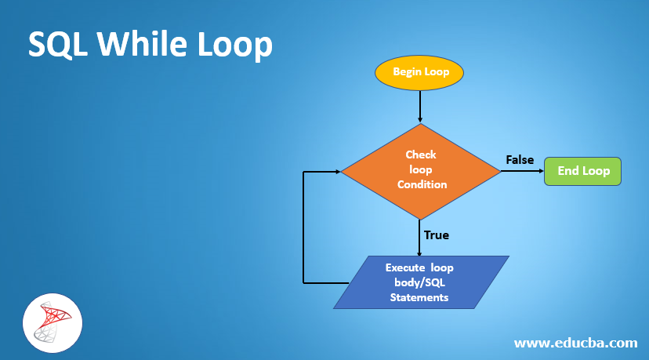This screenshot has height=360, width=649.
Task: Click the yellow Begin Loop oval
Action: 420,73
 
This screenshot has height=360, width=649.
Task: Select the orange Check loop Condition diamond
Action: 421,170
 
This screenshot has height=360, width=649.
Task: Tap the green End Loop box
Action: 582,171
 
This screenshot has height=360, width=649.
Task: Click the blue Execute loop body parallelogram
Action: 421,282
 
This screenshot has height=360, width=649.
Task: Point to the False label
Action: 520,160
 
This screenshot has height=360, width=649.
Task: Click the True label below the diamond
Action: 436,235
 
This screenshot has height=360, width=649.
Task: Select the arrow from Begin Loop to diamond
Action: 421,106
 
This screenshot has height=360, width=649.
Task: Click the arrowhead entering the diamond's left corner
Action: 336,171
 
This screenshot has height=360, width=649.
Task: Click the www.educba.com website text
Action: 575,343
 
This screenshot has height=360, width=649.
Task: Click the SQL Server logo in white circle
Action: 52,323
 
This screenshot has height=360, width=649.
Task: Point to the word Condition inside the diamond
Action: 422,184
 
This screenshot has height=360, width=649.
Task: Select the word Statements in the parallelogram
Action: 419,297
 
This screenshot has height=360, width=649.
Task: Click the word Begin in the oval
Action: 408,73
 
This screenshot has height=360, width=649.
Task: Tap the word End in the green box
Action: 568,171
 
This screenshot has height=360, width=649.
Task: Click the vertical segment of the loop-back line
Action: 303,227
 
